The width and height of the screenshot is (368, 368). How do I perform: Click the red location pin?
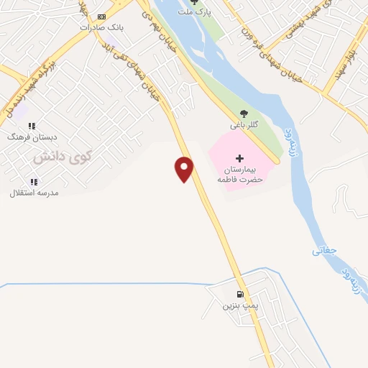pyautogui.click(x=185, y=169)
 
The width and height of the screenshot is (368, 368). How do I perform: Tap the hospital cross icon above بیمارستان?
pyautogui.click(x=240, y=158)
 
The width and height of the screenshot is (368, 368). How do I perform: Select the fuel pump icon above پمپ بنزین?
pyautogui.click(x=240, y=294)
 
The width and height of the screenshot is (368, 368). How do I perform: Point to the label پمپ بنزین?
pyautogui.click(x=239, y=305)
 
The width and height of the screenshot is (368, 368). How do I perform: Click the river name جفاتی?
pyautogui.click(x=324, y=251)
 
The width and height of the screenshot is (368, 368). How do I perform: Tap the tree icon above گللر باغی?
pyautogui.click(x=244, y=114)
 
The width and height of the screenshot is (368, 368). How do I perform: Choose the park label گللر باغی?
pyautogui.click(x=244, y=125)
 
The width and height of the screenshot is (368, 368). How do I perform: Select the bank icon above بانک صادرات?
pyautogui.click(x=102, y=17)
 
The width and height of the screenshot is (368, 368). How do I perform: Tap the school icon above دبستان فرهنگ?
pyautogui.click(x=32, y=126)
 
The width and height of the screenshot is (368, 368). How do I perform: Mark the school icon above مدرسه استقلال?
pyautogui.click(x=33, y=182)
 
